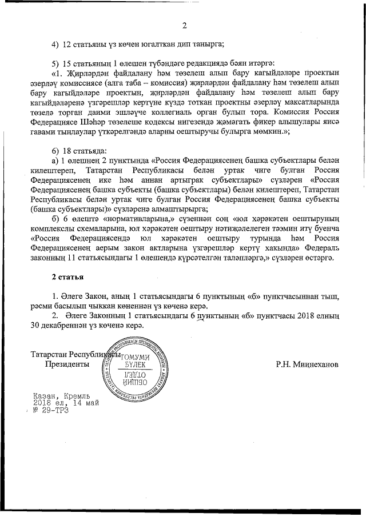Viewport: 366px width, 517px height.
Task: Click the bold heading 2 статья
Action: [67, 277]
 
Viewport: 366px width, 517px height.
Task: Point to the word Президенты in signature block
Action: [67, 363]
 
